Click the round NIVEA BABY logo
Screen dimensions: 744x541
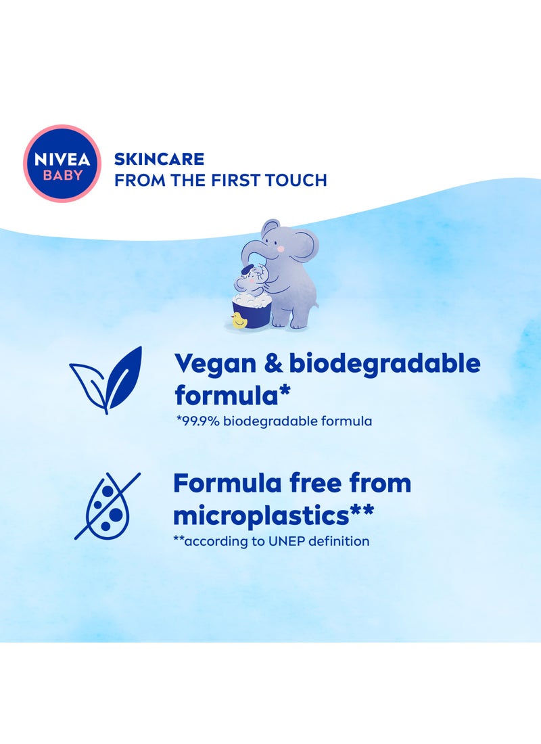(62, 164)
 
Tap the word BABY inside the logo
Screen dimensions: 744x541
(62, 175)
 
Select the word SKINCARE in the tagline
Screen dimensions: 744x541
(159, 159)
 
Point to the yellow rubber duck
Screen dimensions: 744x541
(239, 321)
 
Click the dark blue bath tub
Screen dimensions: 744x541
(251, 314)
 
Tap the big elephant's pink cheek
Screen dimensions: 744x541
(280, 249)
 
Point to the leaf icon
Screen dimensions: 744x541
(106, 379)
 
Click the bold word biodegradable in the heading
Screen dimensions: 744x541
(385, 365)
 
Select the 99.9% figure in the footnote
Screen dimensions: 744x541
(201, 421)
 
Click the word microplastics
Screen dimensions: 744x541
(261, 515)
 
